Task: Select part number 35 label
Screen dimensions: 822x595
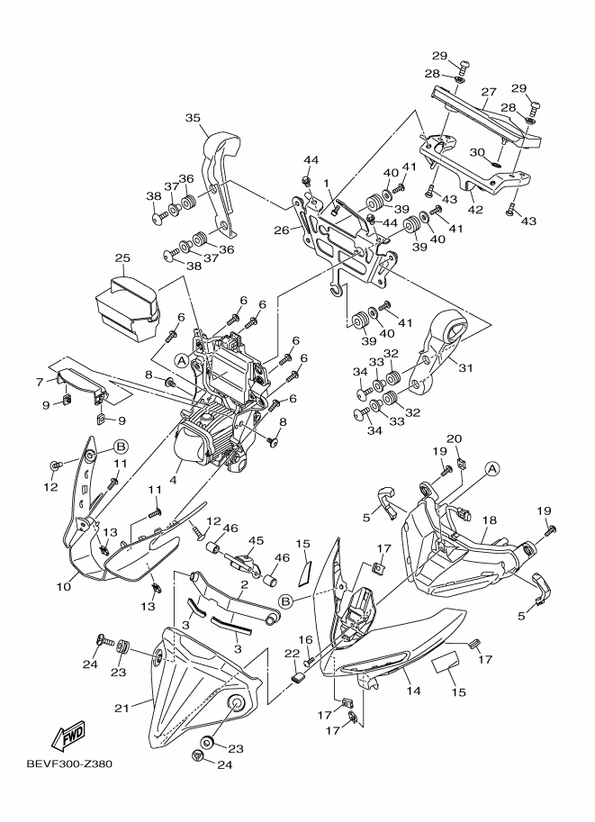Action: pos(193,118)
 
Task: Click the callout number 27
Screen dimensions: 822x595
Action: pos(489,93)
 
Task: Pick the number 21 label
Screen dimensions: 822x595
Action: pos(121,707)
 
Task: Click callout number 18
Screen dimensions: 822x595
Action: pos(490,521)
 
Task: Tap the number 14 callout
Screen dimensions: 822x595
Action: pos(413,691)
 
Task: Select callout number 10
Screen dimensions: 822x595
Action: pos(63,587)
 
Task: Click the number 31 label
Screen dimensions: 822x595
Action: pos(464,366)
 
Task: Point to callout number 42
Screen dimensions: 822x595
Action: pos(476,211)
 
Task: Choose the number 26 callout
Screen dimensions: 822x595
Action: pos(282,230)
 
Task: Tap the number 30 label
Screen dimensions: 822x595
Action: pos(476,152)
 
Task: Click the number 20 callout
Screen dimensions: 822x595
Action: pos(455,438)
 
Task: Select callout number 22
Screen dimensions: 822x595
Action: pos(291,653)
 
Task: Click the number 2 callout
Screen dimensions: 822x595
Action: pos(243,584)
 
